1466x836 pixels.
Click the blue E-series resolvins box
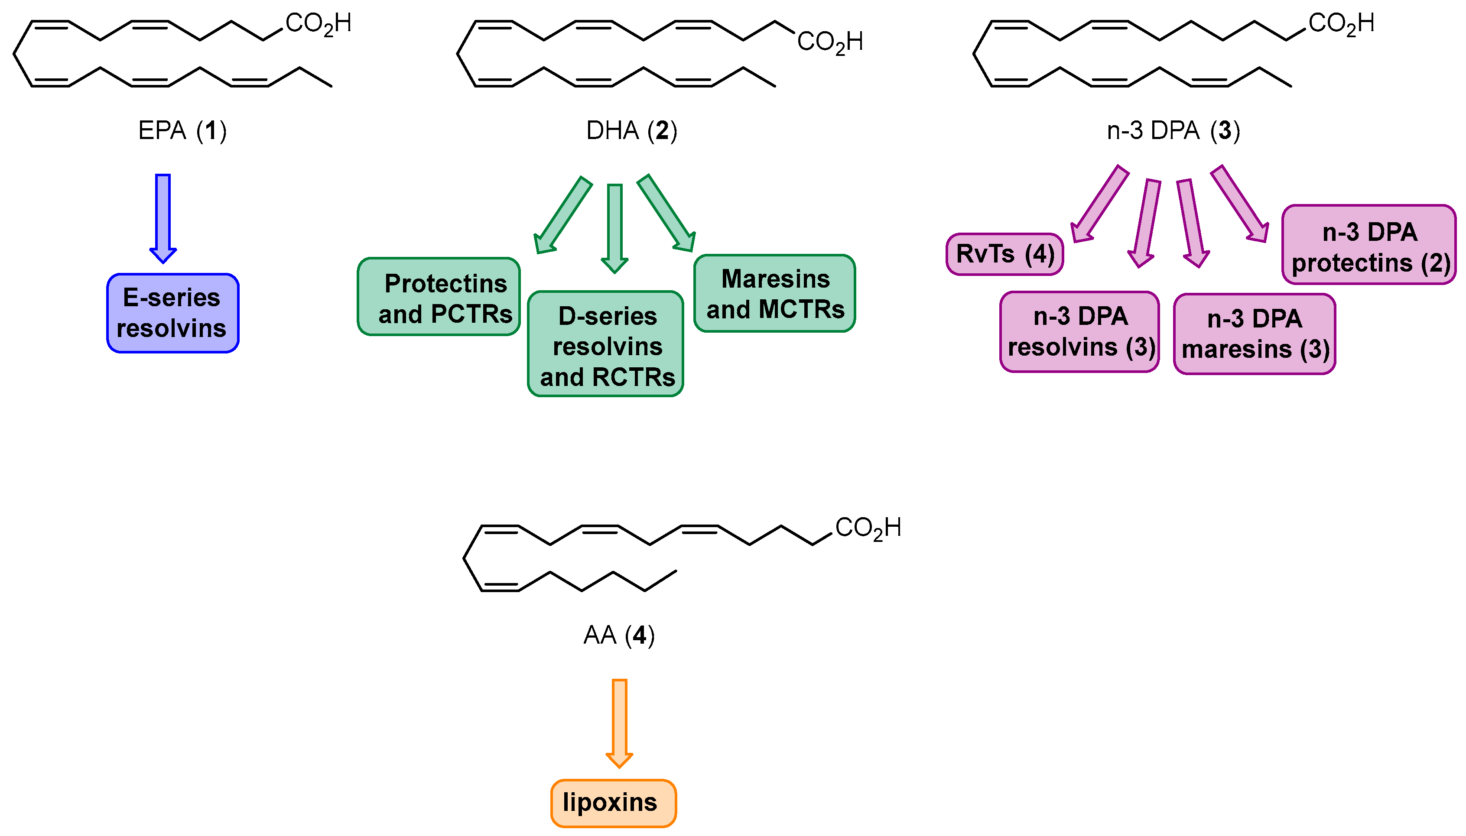coord(172,313)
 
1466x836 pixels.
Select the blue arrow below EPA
coord(163,218)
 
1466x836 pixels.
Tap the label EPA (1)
coord(182,130)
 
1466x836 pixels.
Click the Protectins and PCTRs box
coord(439,297)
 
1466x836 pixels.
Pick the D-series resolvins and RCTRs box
coord(605,344)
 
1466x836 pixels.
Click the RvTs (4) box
coord(1004,254)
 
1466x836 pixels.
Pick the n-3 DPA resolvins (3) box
coord(1079,332)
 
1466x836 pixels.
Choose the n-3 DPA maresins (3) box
coord(1254,334)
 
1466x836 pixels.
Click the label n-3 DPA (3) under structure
coord(1173,130)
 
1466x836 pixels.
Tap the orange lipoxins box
coord(613,803)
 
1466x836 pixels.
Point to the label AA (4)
coord(618,635)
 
